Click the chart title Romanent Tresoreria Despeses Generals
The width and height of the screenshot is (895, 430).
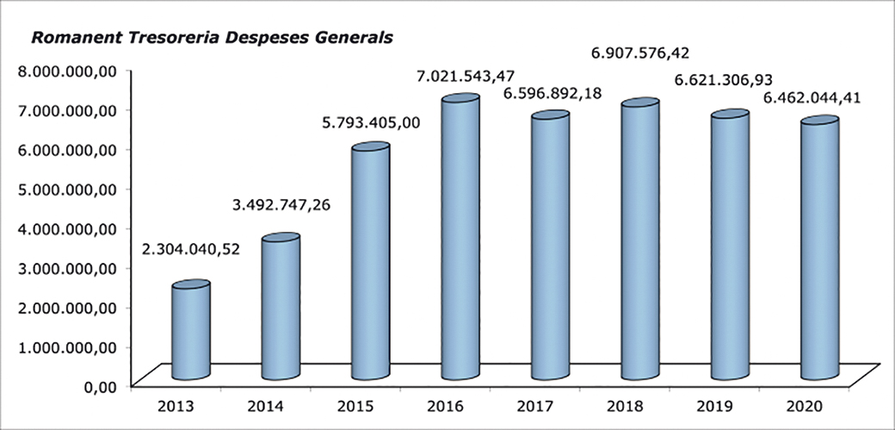[x=212, y=38]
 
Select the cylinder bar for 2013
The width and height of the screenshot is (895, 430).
[x=190, y=332]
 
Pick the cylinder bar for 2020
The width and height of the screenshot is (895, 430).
[x=818, y=250]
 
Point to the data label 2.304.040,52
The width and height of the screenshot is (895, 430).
[x=191, y=250]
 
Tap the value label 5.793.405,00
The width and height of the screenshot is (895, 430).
[x=372, y=122]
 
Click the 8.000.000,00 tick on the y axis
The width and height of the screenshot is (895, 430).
[x=71, y=71]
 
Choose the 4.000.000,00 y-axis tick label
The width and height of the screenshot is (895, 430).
[x=71, y=228]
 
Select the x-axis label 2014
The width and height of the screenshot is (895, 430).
[x=265, y=404]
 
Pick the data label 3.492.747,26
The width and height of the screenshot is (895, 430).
[x=281, y=205]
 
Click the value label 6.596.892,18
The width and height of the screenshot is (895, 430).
[x=548, y=93]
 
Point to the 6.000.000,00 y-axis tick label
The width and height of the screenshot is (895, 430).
[x=71, y=149]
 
